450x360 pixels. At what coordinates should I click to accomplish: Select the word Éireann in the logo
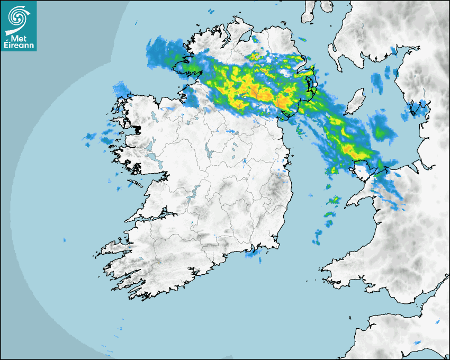click(19, 46)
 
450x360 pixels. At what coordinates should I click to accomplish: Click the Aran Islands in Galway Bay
click(137, 185)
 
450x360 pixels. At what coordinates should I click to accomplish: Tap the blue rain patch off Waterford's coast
click(254, 255)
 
